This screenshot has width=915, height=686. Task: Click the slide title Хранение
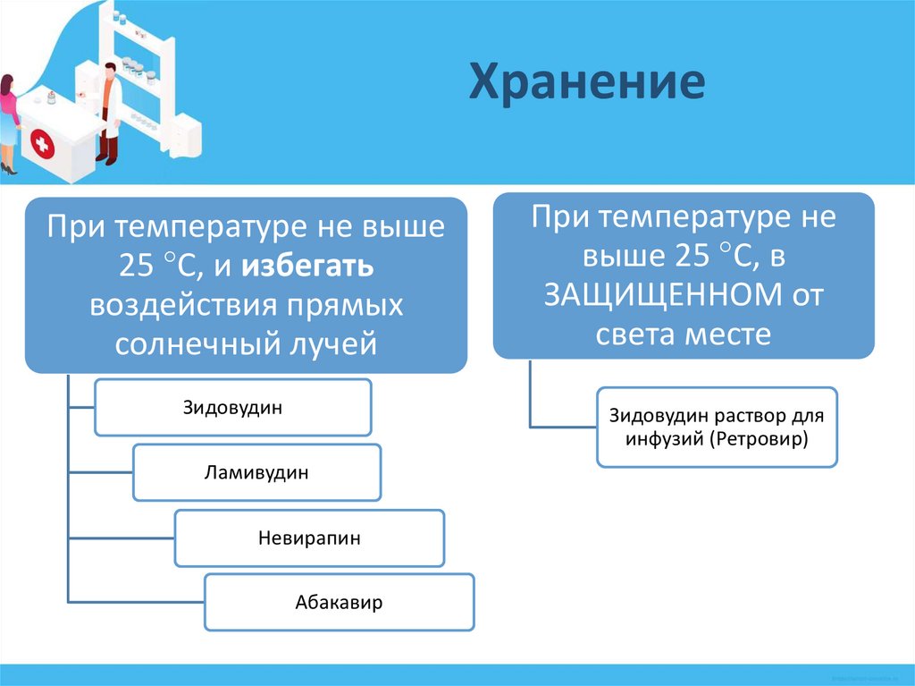coord(587,82)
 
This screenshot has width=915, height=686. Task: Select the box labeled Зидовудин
coord(232,408)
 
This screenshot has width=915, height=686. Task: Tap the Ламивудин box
coord(256,472)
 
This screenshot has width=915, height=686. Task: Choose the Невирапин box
coord(309,538)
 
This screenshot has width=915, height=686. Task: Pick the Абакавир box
coord(339,603)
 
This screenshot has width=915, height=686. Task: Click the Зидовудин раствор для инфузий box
coord(717,428)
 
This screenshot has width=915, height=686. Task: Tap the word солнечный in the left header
coord(192,344)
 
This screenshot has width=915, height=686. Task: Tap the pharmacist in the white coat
coord(108,112)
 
